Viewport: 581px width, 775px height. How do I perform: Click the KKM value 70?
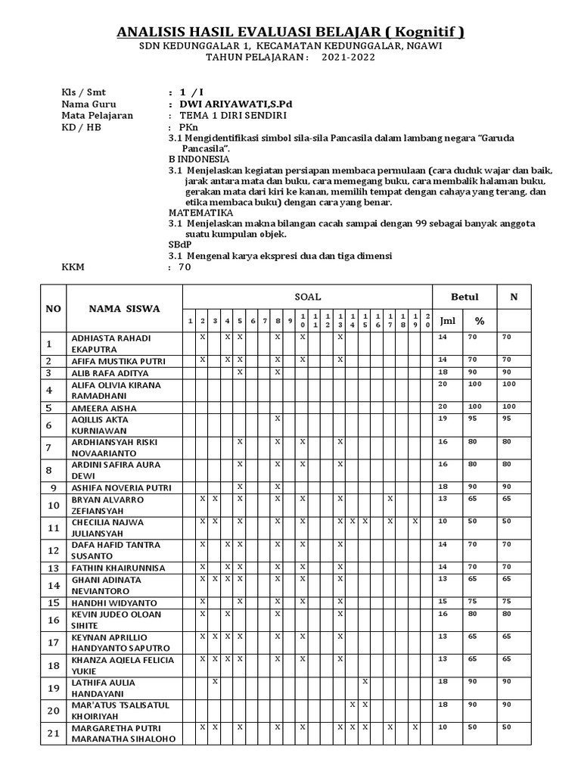[x=185, y=267]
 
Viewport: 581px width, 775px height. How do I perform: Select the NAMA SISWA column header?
[x=124, y=308]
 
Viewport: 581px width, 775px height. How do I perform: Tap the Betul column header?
[x=464, y=297]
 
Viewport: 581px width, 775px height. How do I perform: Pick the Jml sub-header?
[x=448, y=320]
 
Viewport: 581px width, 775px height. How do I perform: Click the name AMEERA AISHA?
[x=103, y=407]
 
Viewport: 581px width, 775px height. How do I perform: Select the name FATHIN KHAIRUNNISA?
[x=117, y=567]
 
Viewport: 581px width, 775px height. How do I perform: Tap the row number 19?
[x=53, y=688]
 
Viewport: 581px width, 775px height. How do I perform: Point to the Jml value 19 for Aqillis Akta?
[x=443, y=419]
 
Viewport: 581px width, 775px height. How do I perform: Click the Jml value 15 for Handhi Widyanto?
[x=443, y=602]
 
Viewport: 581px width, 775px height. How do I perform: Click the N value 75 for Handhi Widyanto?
[x=507, y=602]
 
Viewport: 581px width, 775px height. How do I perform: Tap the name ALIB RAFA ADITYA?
[x=110, y=373]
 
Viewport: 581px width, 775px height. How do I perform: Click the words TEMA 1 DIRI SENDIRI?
[x=233, y=116]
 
